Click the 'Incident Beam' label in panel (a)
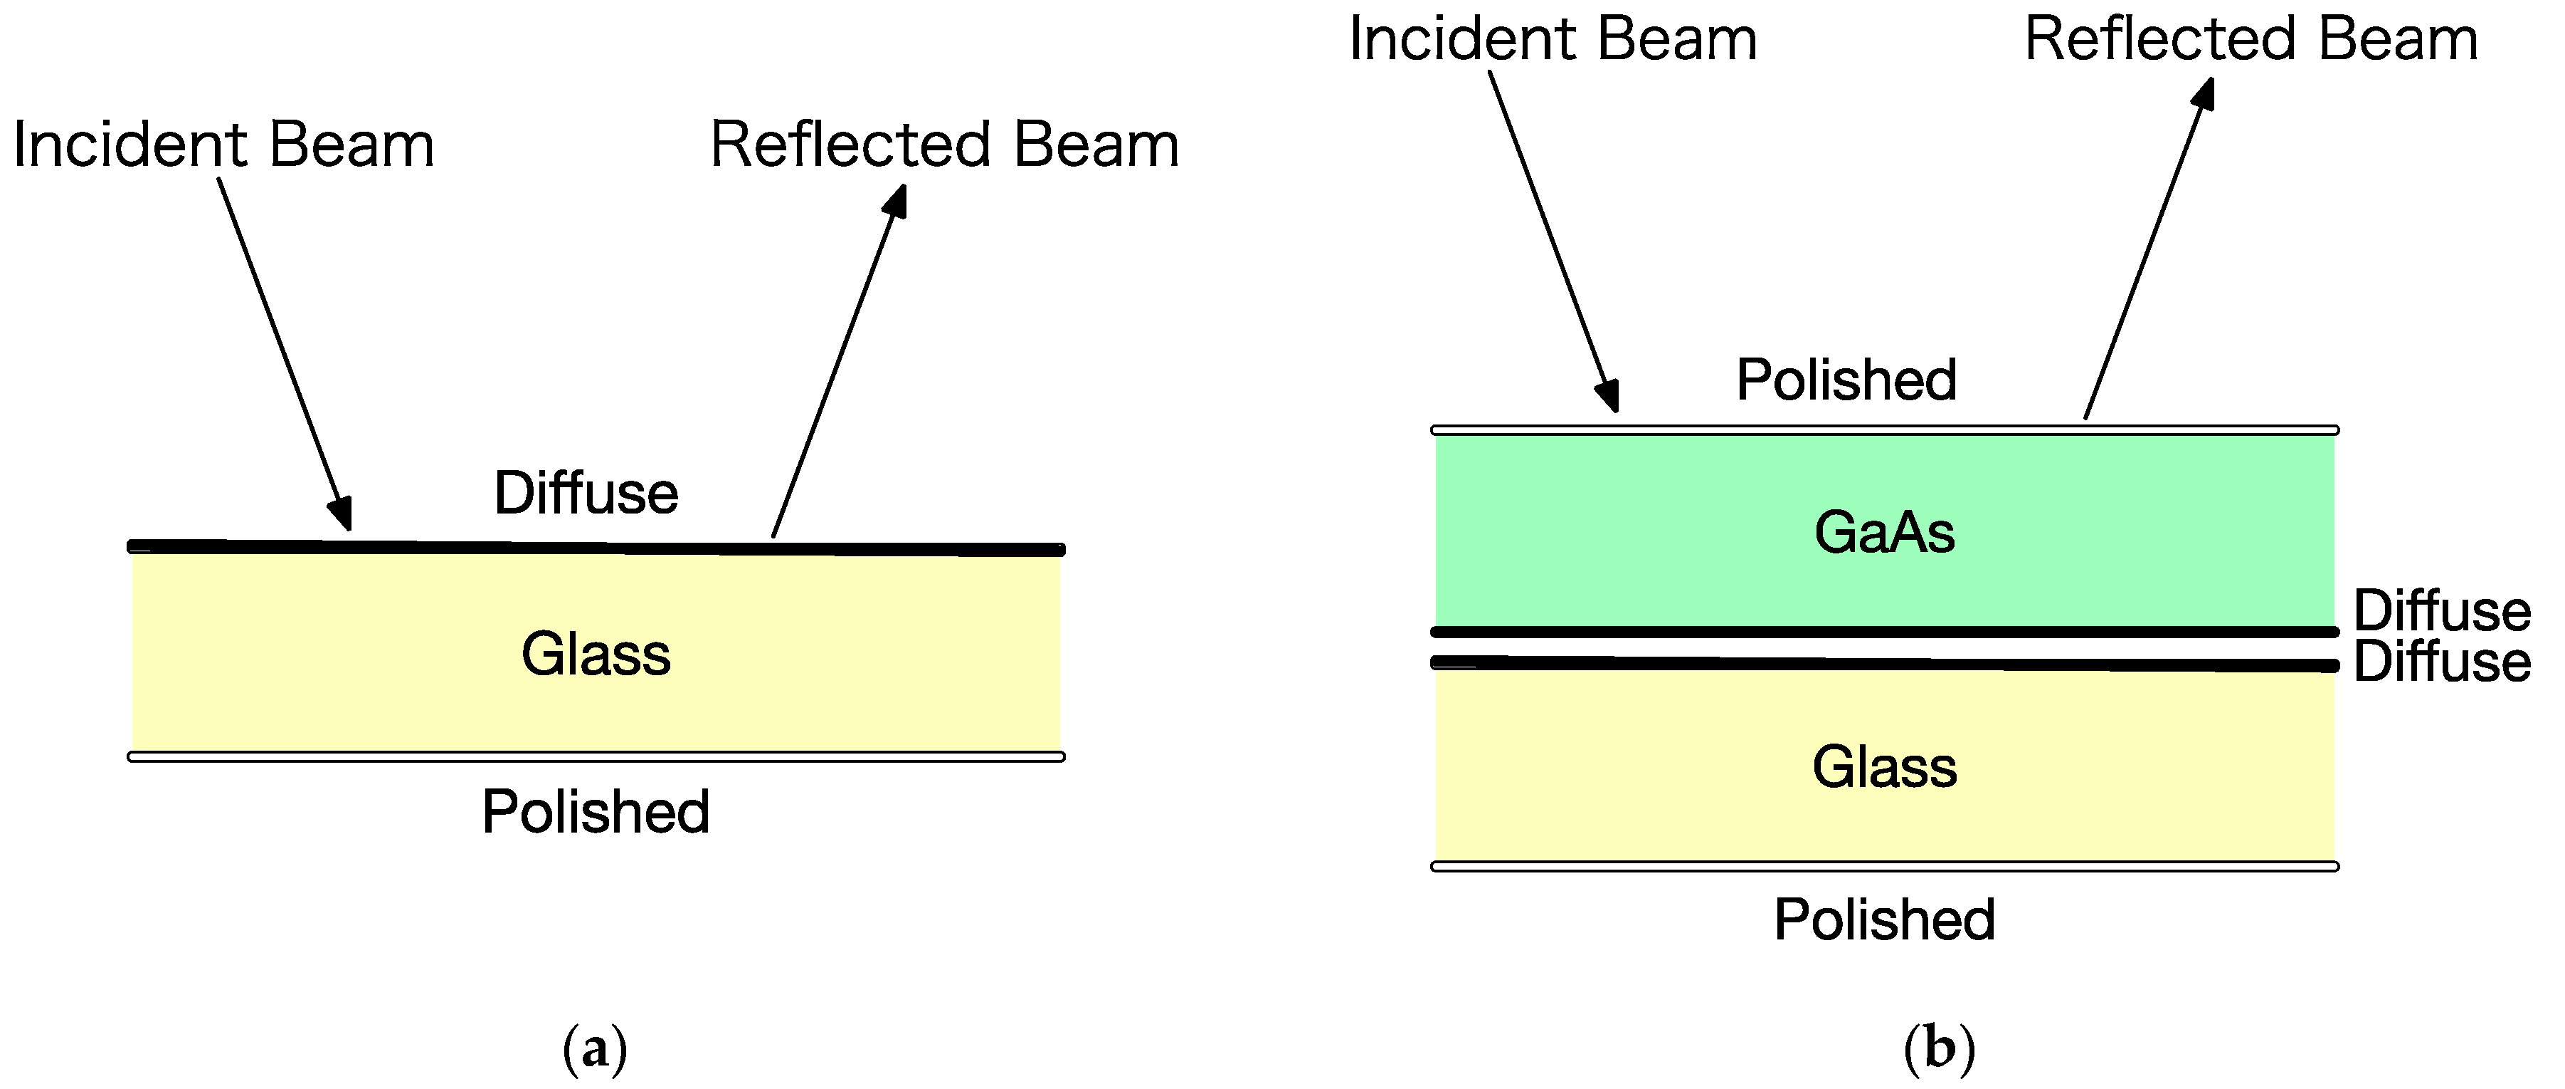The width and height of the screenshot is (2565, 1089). pyautogui.click(x=223, y=145)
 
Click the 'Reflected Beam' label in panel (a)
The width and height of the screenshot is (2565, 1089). pyautogui.click(x=944, y=145)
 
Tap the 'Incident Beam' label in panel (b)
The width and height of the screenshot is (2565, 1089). pyautogui.click(x=1553, y=40)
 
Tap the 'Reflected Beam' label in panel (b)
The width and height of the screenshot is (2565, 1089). pyautogui.click(x=2251, y=40)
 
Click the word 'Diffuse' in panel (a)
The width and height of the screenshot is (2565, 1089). pyautogui.click(x=586, y=493)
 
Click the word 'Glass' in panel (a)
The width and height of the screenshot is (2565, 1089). pyautogui.click(x=596, y=655)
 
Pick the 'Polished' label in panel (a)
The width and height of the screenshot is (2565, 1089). pyautogui.click(x=596, y=812)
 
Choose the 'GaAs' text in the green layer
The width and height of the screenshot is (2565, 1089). pyautogui.click(x=1884, y=532)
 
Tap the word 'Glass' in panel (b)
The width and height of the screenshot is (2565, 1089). pyautogui.click(x=1884, y=767)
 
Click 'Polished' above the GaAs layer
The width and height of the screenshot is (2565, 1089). pyautogui.click(x=1846, y=380)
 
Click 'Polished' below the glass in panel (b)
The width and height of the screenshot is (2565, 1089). pyautogui.click(x=1884, y=919)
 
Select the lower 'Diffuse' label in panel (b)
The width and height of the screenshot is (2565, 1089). pyautogui.click(x=2441, y=662)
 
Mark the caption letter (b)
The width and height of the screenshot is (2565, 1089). pyautogui.click(x=1939, y=1049)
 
